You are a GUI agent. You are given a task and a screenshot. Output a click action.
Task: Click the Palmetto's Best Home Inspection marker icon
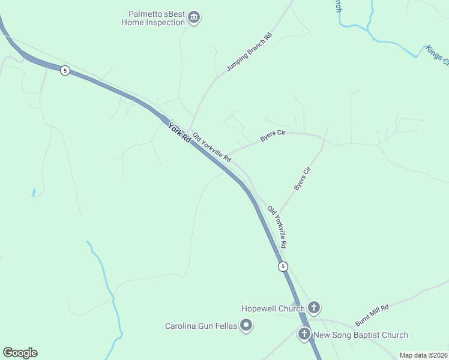pos(193,17)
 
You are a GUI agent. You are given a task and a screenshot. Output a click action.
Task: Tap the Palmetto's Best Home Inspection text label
pos(153,18)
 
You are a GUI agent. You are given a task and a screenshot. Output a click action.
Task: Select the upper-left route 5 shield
pos(65,70)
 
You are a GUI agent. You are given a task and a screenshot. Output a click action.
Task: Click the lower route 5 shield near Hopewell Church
pos(283,266)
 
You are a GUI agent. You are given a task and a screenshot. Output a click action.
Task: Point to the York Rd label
pos(179,132)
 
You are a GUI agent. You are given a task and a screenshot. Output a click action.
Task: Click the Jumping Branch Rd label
pos(249,53)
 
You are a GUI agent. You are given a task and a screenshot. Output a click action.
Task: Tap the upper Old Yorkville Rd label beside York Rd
pos(212,148)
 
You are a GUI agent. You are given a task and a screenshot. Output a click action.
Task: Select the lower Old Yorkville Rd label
pos(277,228)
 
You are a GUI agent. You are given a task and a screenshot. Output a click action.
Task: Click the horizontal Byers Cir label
pos(271,136)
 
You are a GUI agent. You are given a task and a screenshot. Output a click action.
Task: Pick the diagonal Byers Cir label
pos(303,179)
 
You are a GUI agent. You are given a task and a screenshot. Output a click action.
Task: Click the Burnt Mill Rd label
pos(372,314)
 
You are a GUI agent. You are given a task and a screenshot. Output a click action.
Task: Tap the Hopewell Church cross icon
pos(314,308)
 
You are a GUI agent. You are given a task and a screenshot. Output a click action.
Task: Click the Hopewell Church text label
pos(273,308)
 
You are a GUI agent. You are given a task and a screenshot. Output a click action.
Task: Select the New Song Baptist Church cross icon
pos(304,335)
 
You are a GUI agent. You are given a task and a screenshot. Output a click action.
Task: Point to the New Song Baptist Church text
pos(361,335)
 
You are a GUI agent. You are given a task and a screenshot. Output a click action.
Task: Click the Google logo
pos(20,353)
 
